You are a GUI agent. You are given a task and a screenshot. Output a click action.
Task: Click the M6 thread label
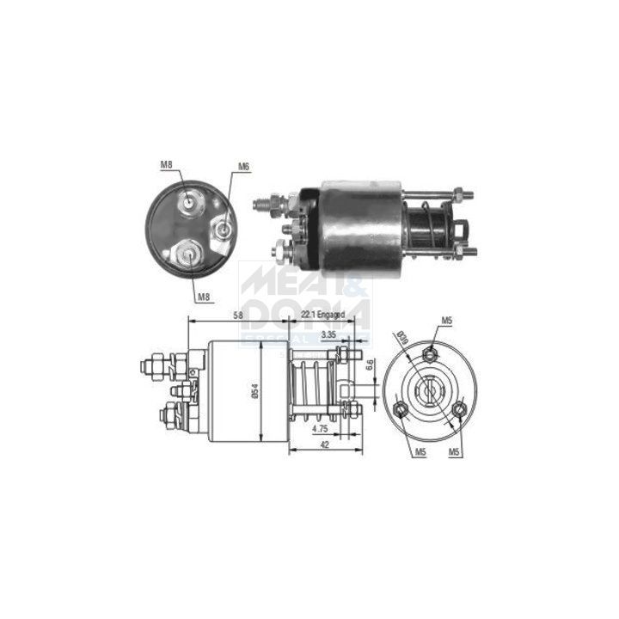243,167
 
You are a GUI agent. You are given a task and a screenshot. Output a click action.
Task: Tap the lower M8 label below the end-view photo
204,297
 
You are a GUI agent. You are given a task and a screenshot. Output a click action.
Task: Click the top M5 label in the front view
446,322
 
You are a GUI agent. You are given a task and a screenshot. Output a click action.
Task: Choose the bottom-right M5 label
455,451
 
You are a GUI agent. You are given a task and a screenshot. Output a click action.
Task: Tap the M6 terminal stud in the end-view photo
223,229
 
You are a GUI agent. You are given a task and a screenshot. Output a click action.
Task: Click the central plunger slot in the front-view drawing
428,391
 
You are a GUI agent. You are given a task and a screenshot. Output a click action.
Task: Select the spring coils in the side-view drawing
313,385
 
